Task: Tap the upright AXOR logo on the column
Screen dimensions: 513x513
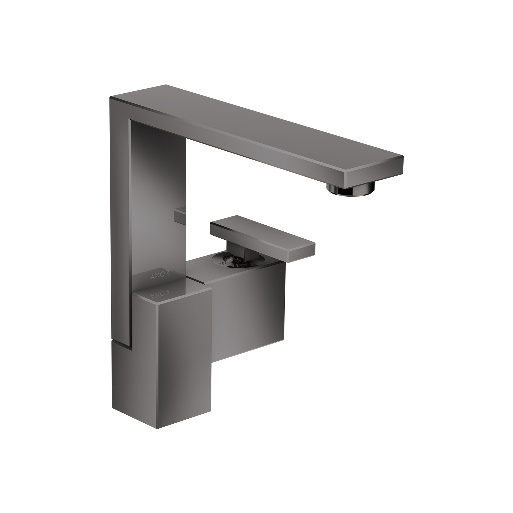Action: [x=159, y=277]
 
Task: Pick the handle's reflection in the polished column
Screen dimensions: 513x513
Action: [x=180, y=214]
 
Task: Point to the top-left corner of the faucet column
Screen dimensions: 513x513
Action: [x=110, y=98]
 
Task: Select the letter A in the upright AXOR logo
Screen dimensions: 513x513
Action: [x=153, y=278]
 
